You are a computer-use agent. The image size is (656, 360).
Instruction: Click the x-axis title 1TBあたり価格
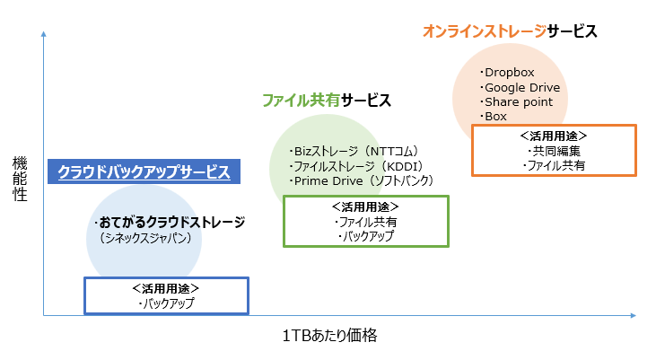click(328, 336)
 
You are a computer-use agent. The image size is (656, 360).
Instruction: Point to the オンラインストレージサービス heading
click(510, 31)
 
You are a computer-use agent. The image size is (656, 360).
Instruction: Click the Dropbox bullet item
click(509, 73)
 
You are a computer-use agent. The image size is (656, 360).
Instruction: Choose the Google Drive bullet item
click(520, 87)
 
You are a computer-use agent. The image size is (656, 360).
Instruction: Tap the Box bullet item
click(494, 116)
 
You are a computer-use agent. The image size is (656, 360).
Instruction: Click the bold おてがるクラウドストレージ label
click(169, 222)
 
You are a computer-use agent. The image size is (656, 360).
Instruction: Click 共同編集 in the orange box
click(554, 151)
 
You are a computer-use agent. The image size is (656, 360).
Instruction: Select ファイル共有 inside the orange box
click(554, 165)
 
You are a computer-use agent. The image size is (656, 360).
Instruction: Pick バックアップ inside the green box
click(365, 236)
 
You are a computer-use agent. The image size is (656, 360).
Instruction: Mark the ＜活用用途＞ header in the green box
click(365, 206)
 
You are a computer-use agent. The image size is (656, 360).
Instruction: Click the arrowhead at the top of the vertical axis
click(42, 33)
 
